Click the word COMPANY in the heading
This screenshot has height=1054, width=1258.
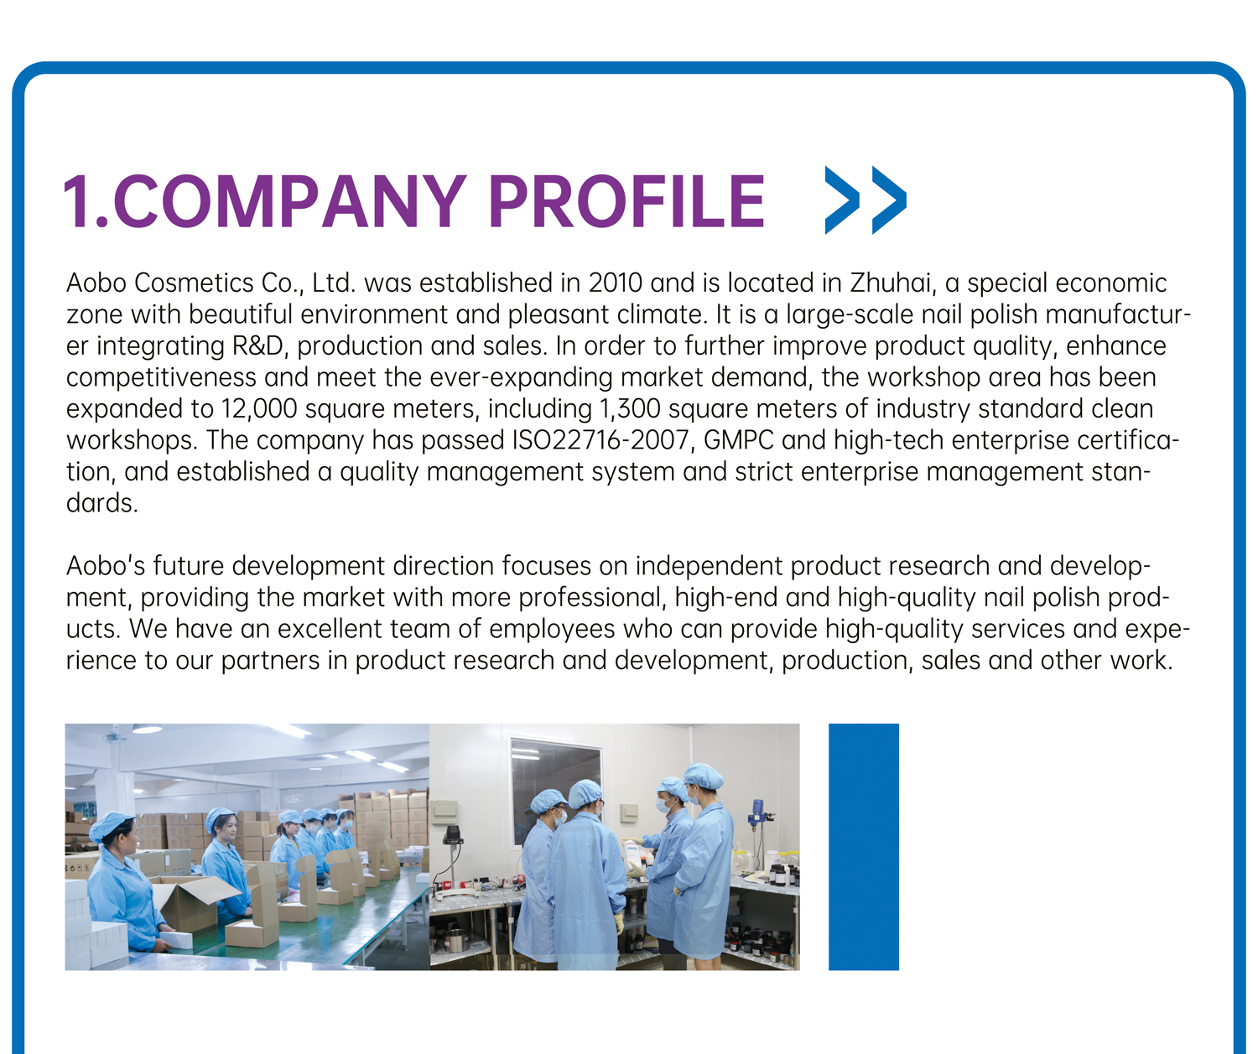290,201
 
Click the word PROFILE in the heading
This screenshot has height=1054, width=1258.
626,201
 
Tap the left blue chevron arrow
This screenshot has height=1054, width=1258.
842,200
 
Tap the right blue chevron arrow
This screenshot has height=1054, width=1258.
889,200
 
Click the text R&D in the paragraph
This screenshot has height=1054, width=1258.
257,346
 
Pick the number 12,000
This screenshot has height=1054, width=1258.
259,409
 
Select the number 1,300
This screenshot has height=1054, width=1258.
630,409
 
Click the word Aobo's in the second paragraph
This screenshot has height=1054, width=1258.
106,566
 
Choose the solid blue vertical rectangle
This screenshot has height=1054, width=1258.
863,847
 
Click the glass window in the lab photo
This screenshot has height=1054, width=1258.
555,789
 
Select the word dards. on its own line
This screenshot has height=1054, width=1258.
102,503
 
